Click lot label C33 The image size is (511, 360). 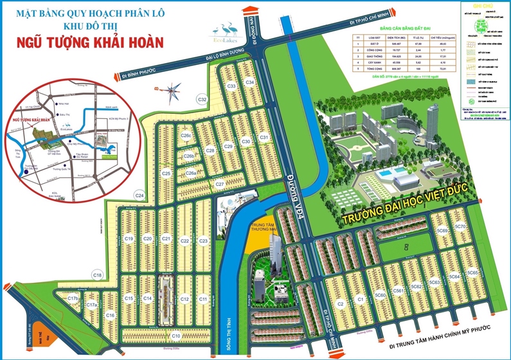(x=232, y=86)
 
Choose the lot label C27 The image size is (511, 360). (x=220, y=184)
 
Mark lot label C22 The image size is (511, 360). (x=184, y=241)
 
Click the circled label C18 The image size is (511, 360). (x=97, y=275)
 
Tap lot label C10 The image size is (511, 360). (x=175, y=336)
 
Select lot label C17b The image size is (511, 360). (x=73, y=298)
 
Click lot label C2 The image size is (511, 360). (x=341, y=303)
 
